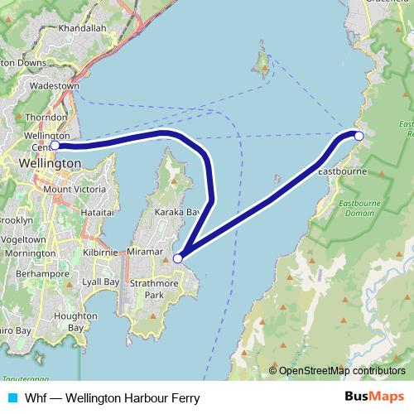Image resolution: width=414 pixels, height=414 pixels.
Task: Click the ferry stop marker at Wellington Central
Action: pos(55,146)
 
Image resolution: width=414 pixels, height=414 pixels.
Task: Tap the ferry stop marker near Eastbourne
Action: pos(359,135)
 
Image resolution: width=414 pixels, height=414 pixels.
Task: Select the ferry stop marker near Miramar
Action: pos(177,259)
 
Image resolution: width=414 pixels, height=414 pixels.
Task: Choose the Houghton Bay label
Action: pos(70,321)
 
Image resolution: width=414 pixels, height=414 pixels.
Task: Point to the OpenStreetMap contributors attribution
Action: pos(337,371)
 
